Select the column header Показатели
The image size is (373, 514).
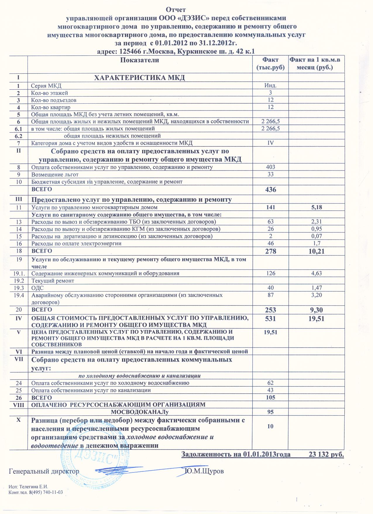140,60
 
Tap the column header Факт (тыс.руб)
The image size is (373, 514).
270,64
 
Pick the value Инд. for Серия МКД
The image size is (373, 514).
270,86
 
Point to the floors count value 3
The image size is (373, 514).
271,93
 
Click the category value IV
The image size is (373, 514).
270,143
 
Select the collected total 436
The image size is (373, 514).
270,190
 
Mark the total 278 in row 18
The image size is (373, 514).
270,251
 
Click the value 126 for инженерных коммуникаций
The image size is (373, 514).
270,274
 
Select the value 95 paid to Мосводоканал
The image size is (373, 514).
270,412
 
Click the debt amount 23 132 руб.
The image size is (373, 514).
326,455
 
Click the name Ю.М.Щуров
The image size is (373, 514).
205,472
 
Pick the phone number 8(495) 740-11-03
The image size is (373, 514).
45,493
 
